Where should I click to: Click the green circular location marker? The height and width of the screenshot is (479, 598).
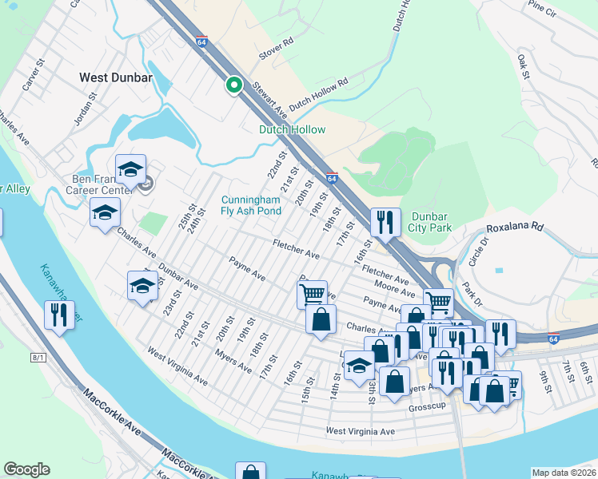234,84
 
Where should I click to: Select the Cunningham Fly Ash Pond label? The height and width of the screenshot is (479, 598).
251,205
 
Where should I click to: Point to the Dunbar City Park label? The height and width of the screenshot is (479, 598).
431,222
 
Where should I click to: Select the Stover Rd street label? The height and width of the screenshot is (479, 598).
276,49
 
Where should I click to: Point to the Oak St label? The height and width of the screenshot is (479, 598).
524,66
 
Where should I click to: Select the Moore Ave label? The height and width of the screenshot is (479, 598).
393,284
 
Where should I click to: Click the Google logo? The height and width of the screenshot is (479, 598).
26,469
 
